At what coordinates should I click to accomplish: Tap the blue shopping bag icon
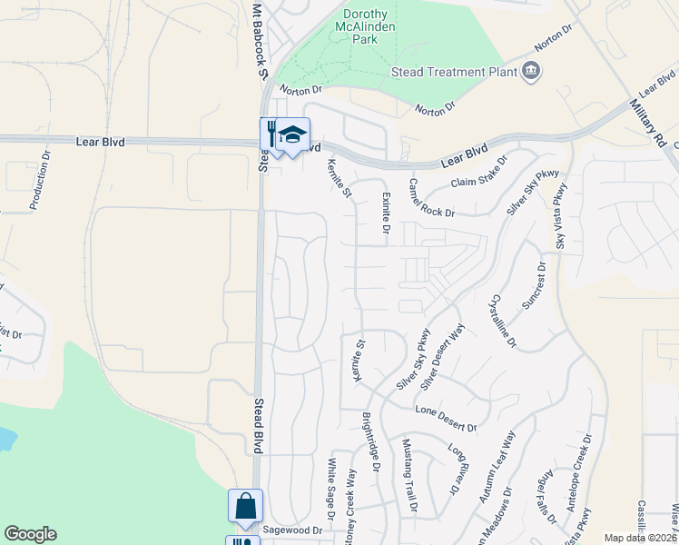pos(245,507)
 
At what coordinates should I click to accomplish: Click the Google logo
pos(30,534)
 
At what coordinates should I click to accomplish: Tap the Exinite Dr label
pos(384,212)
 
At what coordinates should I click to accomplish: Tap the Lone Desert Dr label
pos(445,420)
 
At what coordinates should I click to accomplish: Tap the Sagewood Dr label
pos(292,530)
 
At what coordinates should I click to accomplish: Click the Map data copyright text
pos(640,538)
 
